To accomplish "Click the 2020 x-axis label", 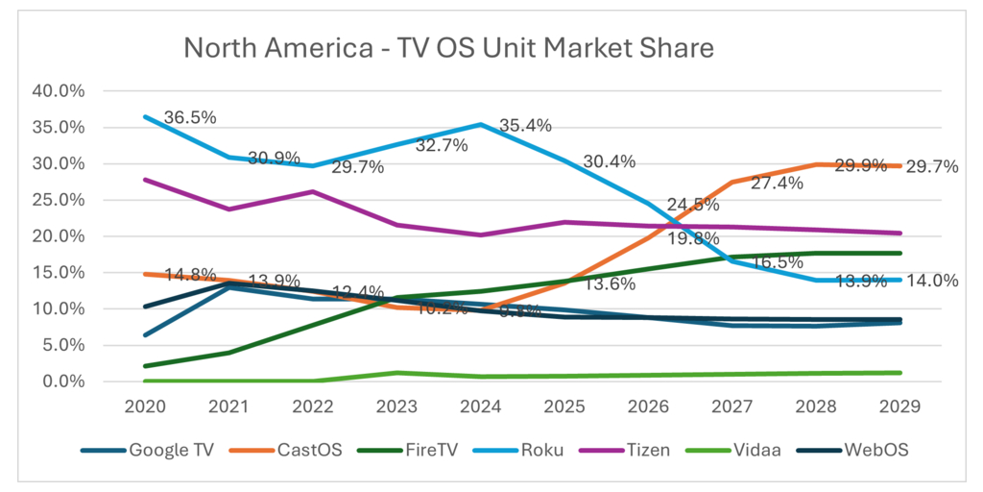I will click(x=144, y=406).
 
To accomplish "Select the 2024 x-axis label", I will click(x=481, y=406).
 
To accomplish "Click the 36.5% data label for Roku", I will click(x=189, y=117).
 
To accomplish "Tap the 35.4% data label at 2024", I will click(x=527, y=125).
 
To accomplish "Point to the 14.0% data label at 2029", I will click(x=932, y=281).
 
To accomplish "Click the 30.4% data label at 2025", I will click(x=610, y=161).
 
